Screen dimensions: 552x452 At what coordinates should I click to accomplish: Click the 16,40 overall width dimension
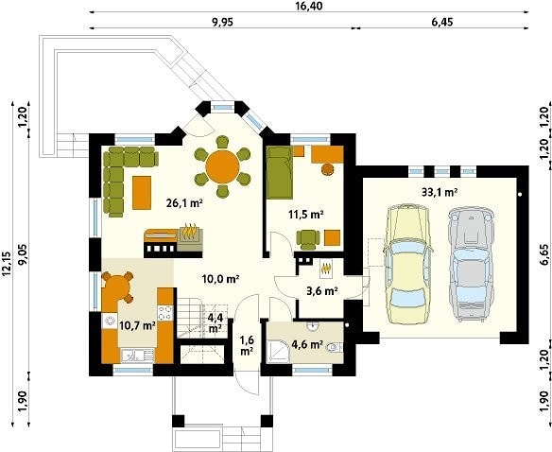pyautogui.click(x=309, y=6)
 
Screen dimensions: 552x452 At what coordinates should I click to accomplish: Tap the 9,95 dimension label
pyautogui.click(x=222, y=22)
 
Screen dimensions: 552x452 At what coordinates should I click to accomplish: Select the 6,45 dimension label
pyautogui.click(x=441, y=22)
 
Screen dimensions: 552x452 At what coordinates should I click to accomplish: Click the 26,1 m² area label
pyautogui.click(x=184, y=202)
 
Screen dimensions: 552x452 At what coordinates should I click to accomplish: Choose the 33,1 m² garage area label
pyautogui.click(x=440, y=192)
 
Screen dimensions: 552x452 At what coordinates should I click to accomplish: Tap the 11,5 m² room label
pyautogui.click(x=306, y=214)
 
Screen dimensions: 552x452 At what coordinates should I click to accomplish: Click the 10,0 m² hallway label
pyautogui.click(x=221, y=279)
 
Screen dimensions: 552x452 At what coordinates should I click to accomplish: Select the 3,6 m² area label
pyautogui.click(x=320, y=291)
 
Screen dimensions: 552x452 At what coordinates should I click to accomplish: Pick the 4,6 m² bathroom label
pyautogui.click(x=307, y=344)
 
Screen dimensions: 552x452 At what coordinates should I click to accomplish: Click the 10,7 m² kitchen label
pyautogui.click(x=138, y=325)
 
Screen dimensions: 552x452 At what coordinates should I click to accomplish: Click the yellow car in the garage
pyautogui.click(x=408, y=264)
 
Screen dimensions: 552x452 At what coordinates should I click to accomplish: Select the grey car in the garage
pyautogui.click(x=471, y=264)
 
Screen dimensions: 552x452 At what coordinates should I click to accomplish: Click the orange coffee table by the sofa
pyautogui.click(x=142, y=192)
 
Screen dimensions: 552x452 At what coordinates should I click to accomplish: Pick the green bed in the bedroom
pyautogui.click(x=280, y=173)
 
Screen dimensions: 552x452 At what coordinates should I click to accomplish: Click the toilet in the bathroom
pyautogui.click(x=334, y=348)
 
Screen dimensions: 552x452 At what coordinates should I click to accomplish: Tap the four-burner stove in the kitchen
pyautogui.click(x=164, y=312)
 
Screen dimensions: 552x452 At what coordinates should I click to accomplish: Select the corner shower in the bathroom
pyautogui.click(x=278, y=351)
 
